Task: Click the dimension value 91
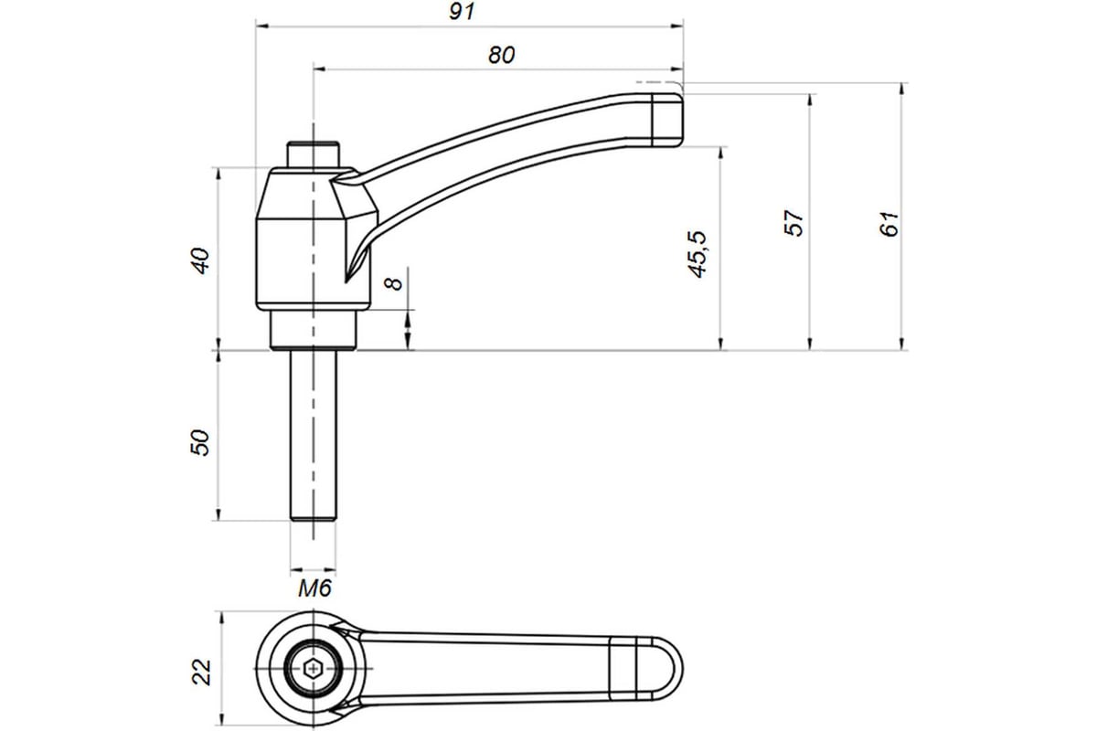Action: coord(462,11)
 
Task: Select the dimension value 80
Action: coord(502,55)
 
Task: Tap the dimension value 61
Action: coord(889,224)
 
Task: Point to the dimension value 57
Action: coord(793,223)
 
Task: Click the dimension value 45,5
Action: coord(697,255)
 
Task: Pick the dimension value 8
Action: coord(393,283)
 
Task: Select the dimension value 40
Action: coord(200,261)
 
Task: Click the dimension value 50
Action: coord(200,442)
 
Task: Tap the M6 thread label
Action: coord(314,588)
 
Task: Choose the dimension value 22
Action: coord(201,673)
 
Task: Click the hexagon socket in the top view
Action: coord(313,668)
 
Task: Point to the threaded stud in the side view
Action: coord(313,435)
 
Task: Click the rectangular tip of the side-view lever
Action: coord(667,120)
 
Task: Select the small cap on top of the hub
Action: coord(313,154)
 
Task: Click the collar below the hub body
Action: coord(313,330)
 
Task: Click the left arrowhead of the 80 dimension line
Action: coord(320,69)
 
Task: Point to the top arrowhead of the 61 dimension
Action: coord(901,90)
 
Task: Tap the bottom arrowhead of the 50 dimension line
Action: coord(218,514)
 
